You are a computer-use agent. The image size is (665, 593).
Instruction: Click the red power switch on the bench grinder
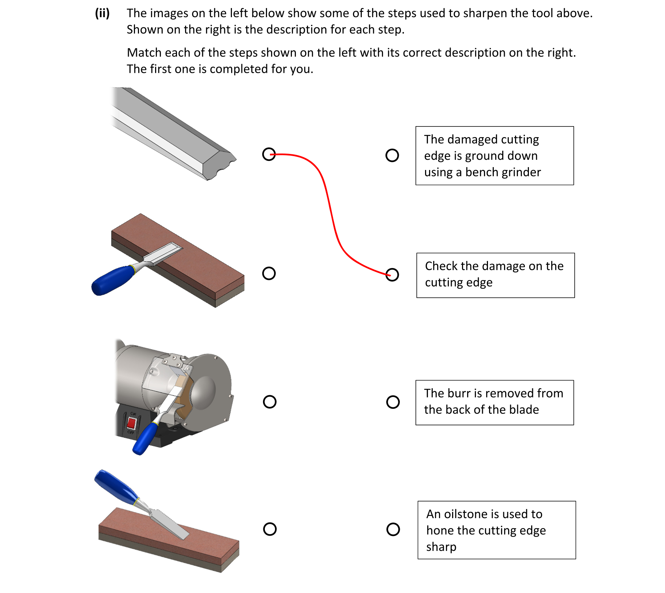(131, 423)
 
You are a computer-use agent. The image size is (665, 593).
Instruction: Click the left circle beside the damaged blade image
(269, 154)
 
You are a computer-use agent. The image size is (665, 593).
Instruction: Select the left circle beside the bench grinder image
(270, 402)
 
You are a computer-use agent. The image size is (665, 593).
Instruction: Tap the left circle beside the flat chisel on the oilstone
(269, 273)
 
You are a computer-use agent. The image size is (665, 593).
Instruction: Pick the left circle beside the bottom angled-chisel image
(270, 529)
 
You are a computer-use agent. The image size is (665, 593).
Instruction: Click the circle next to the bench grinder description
(392, 155)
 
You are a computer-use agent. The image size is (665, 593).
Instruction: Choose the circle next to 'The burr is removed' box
(393, 402)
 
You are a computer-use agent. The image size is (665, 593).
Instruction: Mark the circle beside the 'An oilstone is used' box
(393, 529)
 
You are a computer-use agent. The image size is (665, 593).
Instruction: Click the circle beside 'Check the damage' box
(392, 275)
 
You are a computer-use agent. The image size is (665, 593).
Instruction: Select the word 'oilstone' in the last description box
(466, 514)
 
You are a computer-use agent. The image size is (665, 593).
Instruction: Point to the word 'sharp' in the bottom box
(441, 547)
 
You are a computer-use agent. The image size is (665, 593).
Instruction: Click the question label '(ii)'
(102, 13)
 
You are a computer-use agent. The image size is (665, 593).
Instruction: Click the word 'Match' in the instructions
(144, 53)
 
